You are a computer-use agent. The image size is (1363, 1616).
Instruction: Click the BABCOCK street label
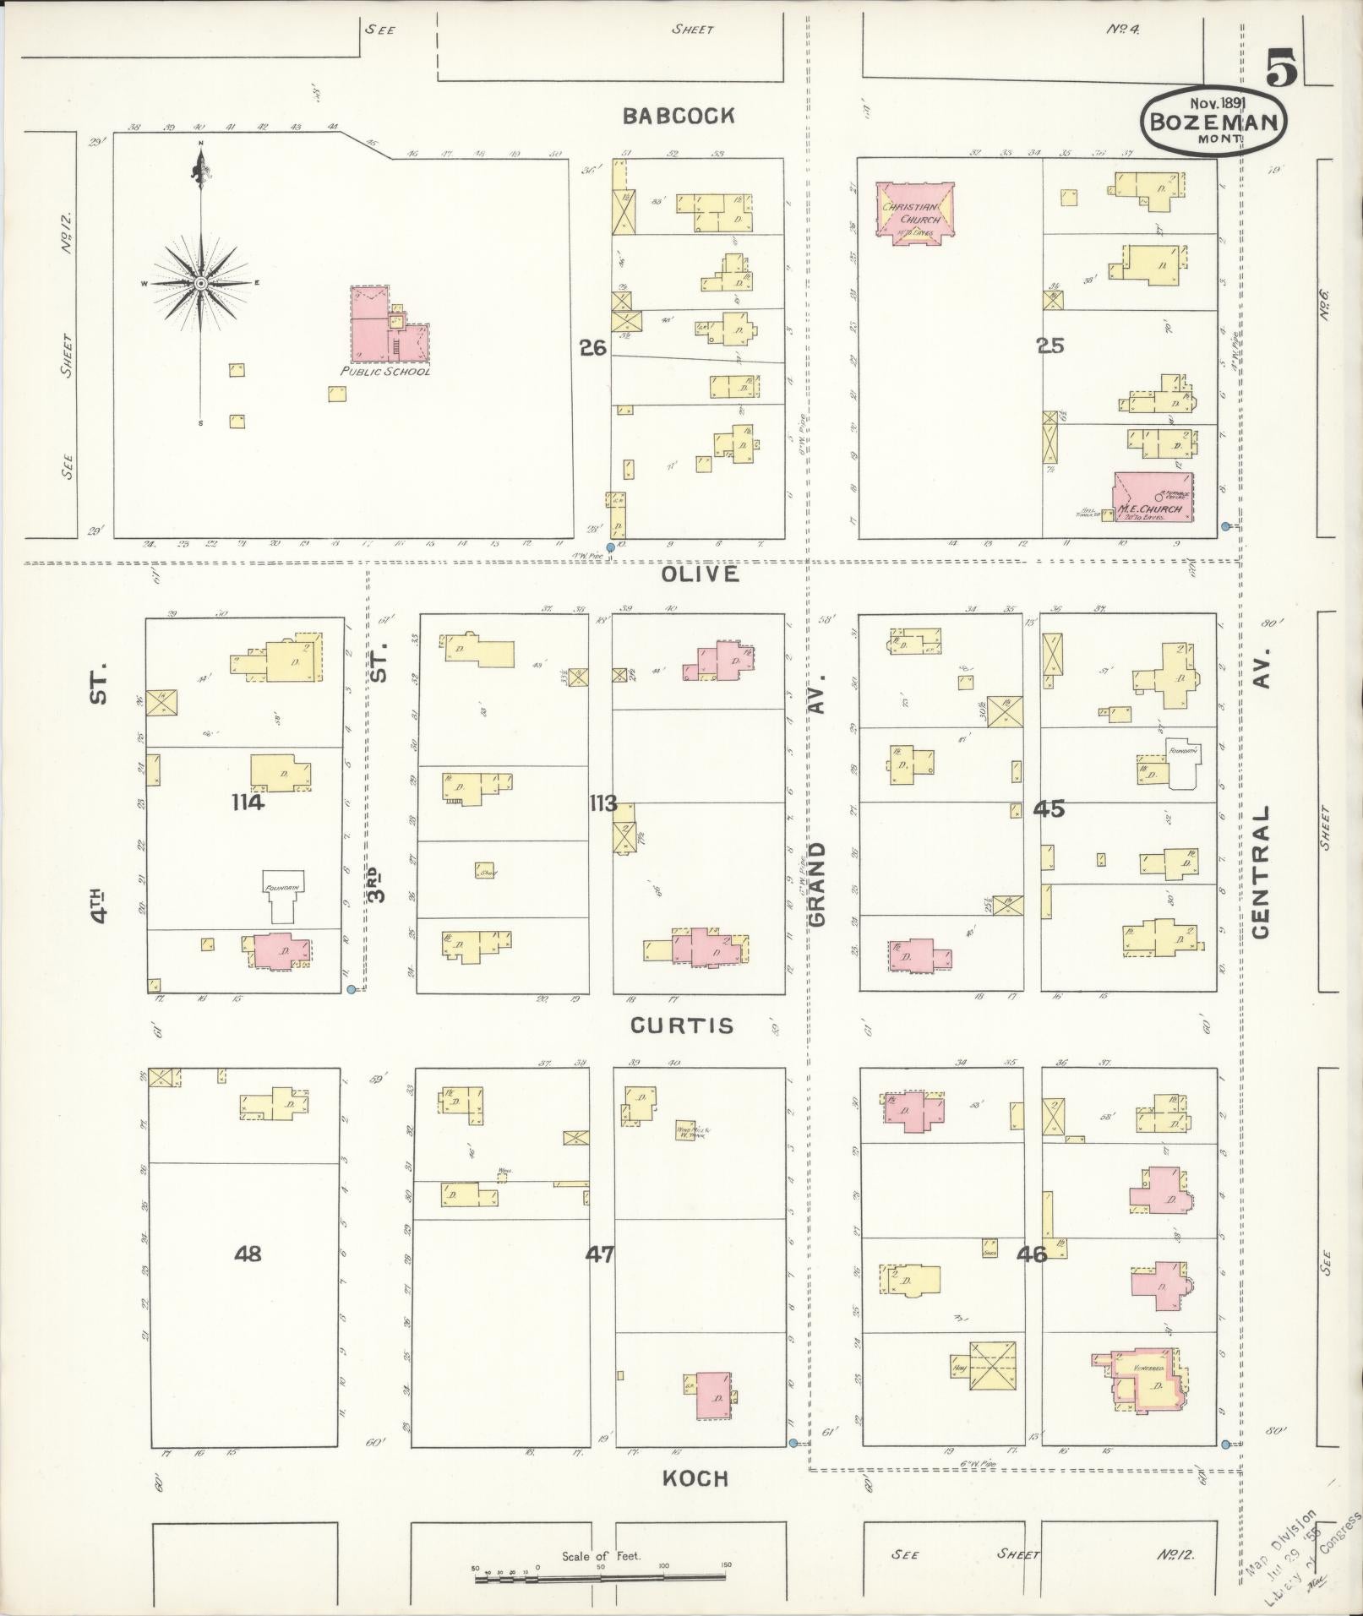click(678, 117)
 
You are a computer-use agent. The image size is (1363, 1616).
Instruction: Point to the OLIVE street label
click(688, 574)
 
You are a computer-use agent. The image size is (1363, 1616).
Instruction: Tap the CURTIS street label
click(683, 1026)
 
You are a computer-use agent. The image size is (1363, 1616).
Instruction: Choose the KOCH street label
click(695, 1478)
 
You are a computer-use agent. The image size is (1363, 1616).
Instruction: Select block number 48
click(248, 1254)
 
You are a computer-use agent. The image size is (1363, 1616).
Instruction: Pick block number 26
click(593, 346)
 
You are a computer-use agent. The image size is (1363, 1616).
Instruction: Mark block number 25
click(1051, 346)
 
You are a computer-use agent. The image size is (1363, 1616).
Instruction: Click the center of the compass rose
click(201, 283)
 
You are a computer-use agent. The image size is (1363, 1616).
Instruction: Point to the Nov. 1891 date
click(1213, 102)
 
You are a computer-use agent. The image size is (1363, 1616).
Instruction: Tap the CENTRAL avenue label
click(1261, 872)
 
